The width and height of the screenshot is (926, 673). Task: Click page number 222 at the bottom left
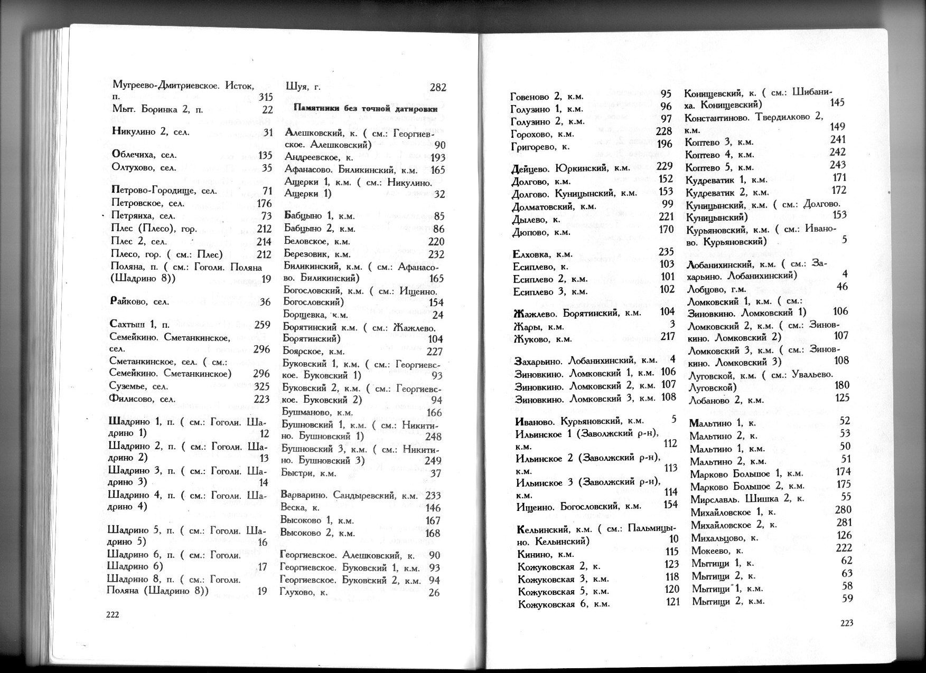[x=114, y=614]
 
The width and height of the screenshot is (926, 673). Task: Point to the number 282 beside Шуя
[x=438, y=87]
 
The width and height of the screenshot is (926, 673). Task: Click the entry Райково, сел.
[x=139, y=302]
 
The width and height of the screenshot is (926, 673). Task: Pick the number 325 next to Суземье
[x=261, y=386]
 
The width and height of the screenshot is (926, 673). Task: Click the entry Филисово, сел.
[x=142, y=399]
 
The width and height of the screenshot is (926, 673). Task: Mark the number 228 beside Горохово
[x=663, y=131]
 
